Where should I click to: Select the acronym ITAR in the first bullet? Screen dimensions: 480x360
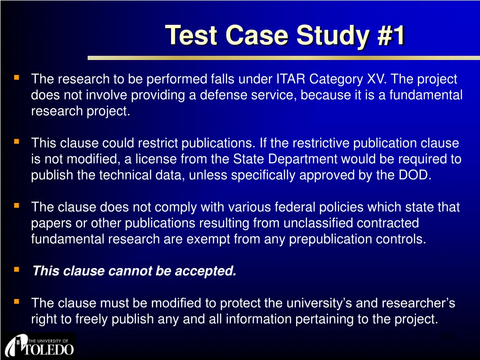coord(291,79)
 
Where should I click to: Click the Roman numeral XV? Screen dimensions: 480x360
coord(376,79)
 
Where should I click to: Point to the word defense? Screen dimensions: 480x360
coord(218,95)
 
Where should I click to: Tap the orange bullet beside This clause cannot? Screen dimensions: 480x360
coord(16,270)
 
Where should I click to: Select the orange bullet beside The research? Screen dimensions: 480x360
coord(16,77)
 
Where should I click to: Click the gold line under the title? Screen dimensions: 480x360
coord(284,58)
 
